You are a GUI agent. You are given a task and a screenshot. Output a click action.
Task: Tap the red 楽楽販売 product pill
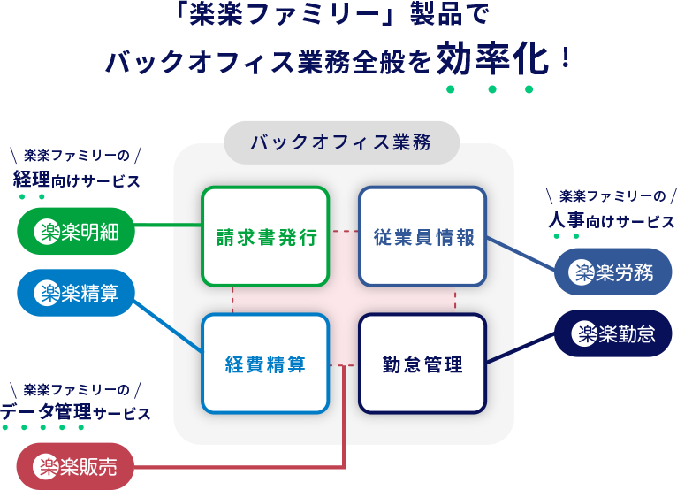[x=75, y=466]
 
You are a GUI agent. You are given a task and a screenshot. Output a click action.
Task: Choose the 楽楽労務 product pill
[x=612, y=272]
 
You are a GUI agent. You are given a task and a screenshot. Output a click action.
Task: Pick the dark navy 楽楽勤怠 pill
[x=612, y=333]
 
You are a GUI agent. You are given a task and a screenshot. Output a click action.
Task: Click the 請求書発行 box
[x=265, y=237]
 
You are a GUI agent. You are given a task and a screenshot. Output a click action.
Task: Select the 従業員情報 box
[x=422, y=237]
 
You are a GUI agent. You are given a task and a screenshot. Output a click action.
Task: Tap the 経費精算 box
[x=265, y=364]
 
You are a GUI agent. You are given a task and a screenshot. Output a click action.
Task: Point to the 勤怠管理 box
[x=422, y=364]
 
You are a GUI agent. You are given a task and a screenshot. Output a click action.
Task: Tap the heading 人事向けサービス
[x=611, y=221]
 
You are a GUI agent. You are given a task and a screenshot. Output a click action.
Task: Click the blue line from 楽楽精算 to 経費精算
[x=168, y=327]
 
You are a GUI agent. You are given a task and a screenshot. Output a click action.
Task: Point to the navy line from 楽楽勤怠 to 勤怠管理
[x=521, y=348]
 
